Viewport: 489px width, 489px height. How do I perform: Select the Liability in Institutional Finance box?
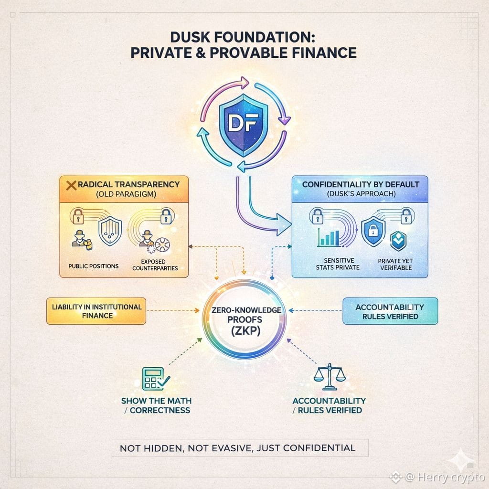point(96,311)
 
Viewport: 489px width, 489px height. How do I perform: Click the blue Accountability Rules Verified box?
point(390,311)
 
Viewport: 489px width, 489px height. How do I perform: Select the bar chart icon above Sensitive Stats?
point(330,236)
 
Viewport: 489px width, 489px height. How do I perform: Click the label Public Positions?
point(93,266)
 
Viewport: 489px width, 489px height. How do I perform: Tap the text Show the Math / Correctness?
point(156,405)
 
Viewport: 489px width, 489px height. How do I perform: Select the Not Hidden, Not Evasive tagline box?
point(237,447)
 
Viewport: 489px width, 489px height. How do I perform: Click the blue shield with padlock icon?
point(373,231)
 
